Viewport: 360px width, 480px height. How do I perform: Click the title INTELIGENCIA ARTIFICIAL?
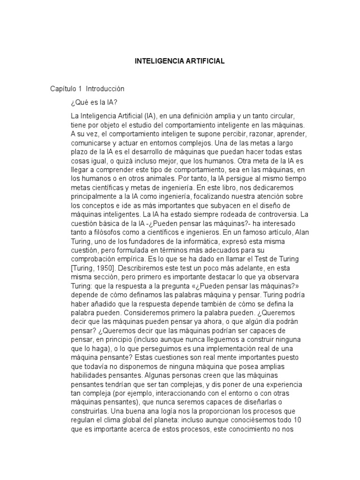[180, 61]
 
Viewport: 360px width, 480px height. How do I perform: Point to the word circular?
[281, 115]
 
